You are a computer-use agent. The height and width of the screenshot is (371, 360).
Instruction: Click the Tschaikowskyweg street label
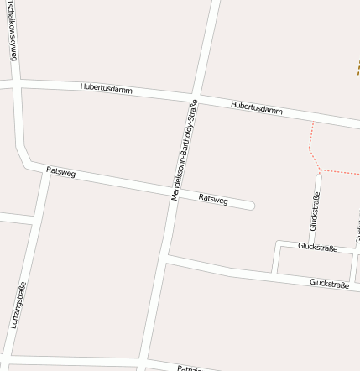(12, 32)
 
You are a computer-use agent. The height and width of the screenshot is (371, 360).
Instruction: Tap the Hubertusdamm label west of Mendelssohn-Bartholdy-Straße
(107, 87)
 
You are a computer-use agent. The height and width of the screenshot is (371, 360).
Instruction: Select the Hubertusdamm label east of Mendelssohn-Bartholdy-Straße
(256, 107)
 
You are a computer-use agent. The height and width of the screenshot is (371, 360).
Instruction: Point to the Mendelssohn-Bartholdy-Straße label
(184, 150)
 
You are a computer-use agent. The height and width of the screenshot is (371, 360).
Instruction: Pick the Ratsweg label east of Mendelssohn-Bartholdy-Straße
(213, 199)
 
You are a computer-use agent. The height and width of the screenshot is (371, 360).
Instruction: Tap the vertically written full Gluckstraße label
(315, 211)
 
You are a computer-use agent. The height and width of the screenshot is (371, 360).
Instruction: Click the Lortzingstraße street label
(18, 304)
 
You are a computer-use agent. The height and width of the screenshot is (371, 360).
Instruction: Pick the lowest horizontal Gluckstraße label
(329, 284)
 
